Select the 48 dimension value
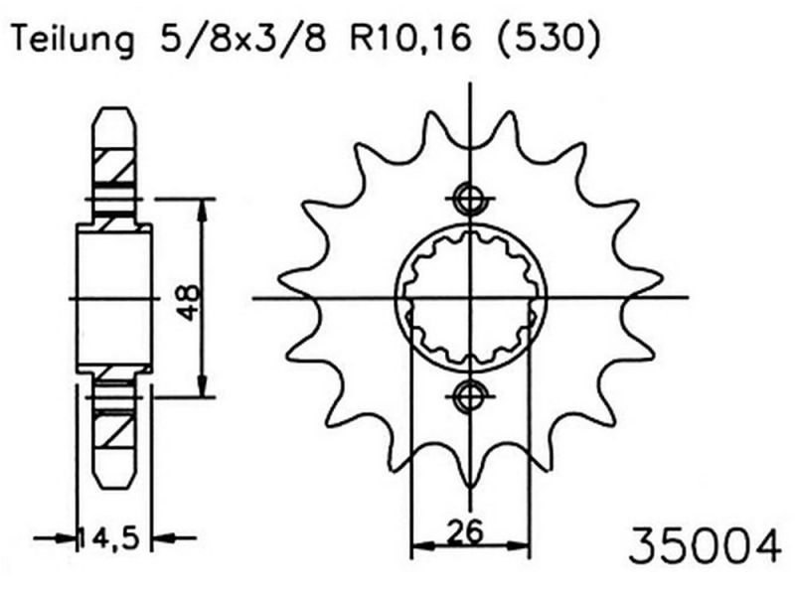(x=188, y=298)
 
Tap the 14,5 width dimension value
(x=114, y=539)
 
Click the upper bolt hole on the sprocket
(x=469, y=198)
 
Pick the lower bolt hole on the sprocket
(x=469, y=396)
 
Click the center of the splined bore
(x=469, y=297)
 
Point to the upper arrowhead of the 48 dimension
(x=203, y=207)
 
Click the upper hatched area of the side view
(x=115, y=165)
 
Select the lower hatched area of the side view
(x=115, y=431)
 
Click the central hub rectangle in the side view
(x=114, y=298)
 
